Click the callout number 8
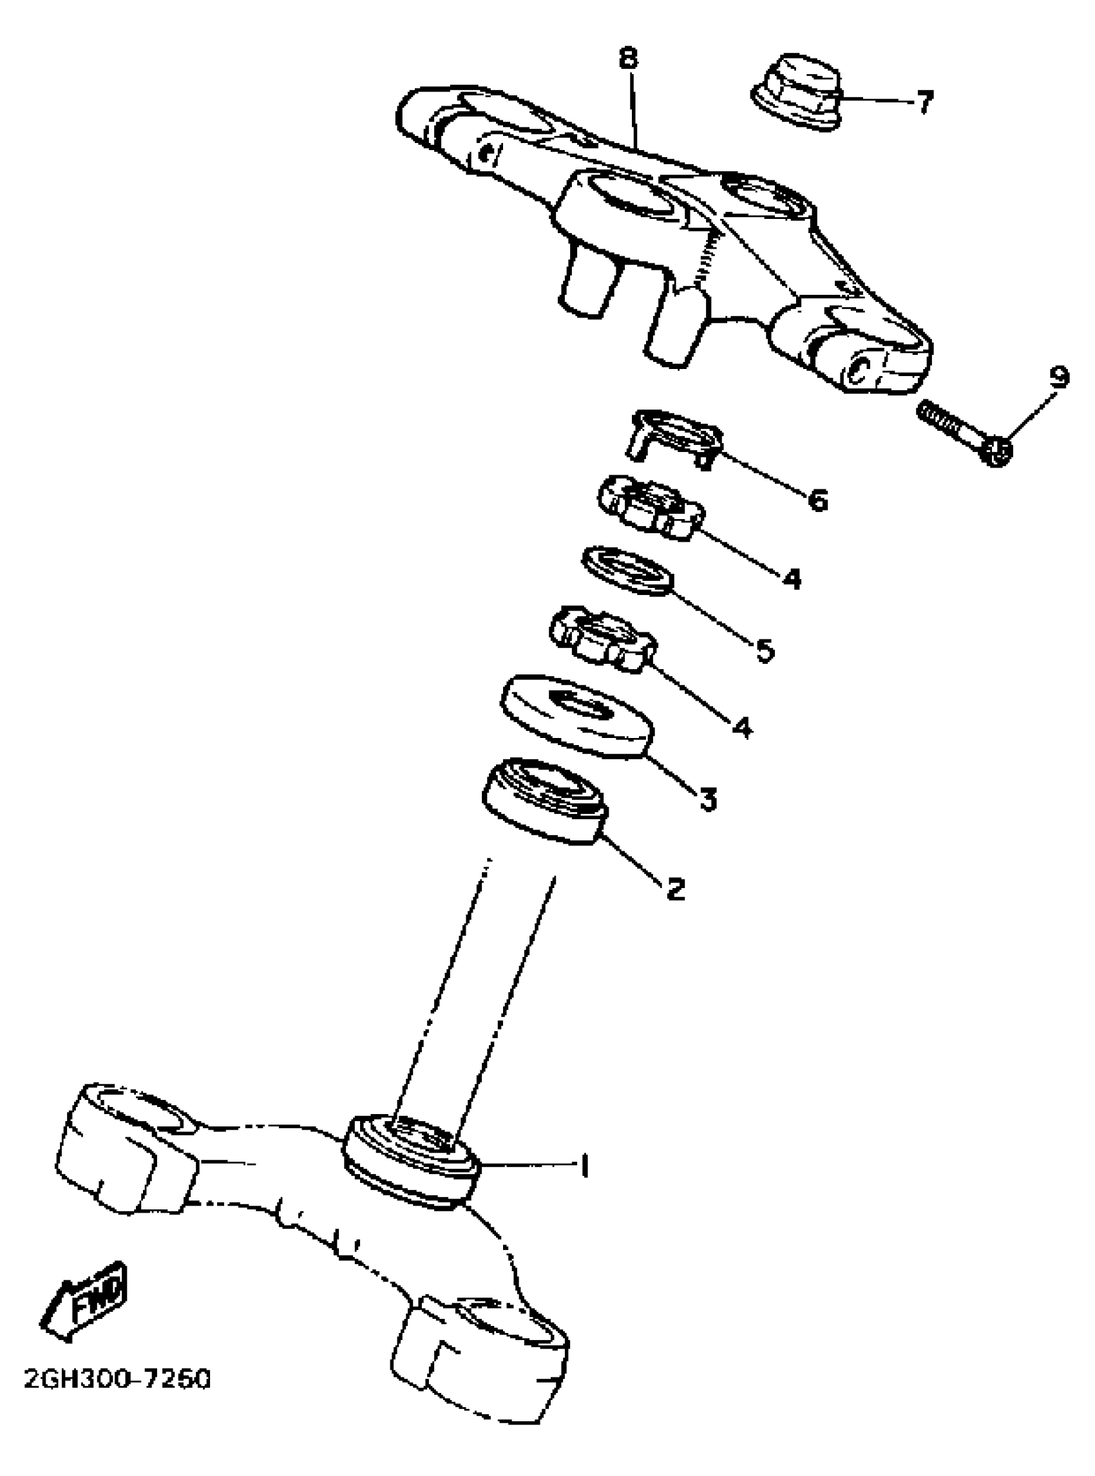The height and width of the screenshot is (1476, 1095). tap(628, 59)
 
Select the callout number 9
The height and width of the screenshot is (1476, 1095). tap(1058, 377)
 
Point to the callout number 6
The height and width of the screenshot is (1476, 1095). tap(818, 500)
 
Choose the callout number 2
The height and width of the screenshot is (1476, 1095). tap(675, 889)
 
